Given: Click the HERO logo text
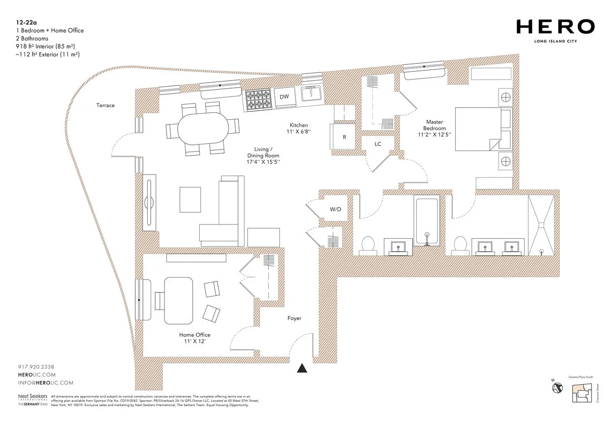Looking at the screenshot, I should click(x=555, y=27).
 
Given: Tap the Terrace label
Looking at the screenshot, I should click(x=105, y=106).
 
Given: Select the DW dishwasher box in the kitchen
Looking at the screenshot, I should click(x=285, y=96).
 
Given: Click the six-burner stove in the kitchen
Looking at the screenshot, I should click(x=258, y=100).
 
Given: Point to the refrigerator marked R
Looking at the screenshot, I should click(x=344, y=137).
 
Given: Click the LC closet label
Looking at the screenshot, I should click(x=378, y=144).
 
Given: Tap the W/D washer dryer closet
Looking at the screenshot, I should click(x=335, y=209).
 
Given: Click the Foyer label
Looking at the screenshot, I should click(x=294, y=318).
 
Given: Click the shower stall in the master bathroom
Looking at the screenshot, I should click(x=540, y=225).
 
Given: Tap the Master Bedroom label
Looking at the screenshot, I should click(x=436, y=128).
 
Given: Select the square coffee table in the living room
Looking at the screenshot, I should click(x=191, y=200).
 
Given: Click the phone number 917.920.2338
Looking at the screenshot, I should click(x=36, y=367).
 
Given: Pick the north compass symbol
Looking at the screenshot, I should click(x=557, y=387).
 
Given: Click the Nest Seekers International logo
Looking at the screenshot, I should click(x=32, y=399).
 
